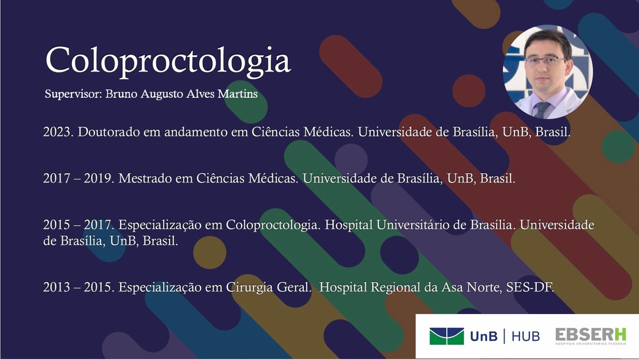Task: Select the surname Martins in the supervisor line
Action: pos(238,94)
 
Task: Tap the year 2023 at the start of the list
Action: pos(58,132)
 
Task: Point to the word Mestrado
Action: pos(143,178)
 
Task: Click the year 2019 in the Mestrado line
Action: pos(99,178)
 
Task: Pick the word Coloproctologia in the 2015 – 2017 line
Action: pos(273,225)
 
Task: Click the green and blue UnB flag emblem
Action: pos(446,336)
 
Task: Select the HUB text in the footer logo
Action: pos(526,336)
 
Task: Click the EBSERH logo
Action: pos(591,336)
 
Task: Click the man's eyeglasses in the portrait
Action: pos(545,62)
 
